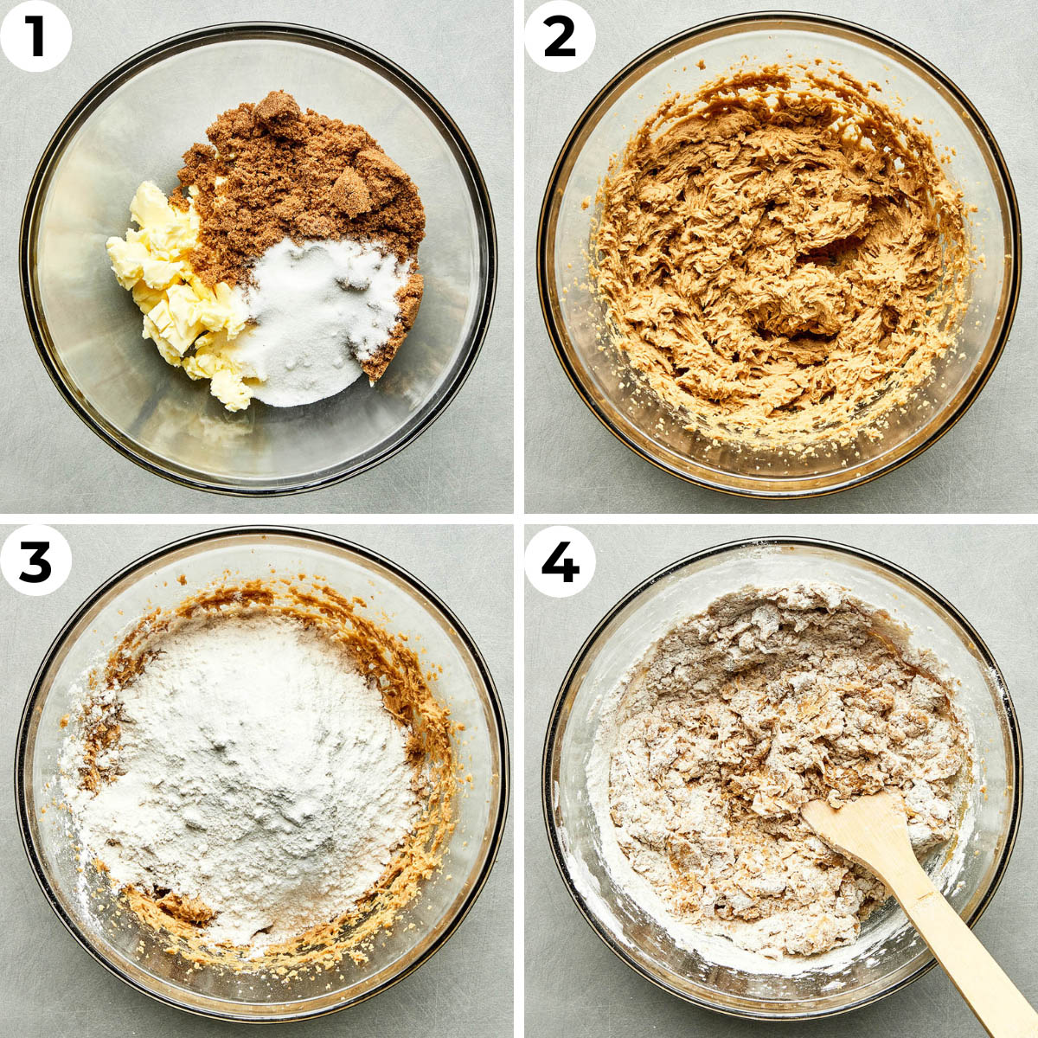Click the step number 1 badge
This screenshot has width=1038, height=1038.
(x=35, y=35)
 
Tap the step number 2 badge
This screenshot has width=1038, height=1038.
(x=560, y=35)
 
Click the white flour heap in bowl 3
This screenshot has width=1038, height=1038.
(x=251, y=761)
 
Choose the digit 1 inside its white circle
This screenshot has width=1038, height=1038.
(x=35, y=35)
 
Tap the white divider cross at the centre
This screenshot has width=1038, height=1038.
(x=519, y=519)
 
